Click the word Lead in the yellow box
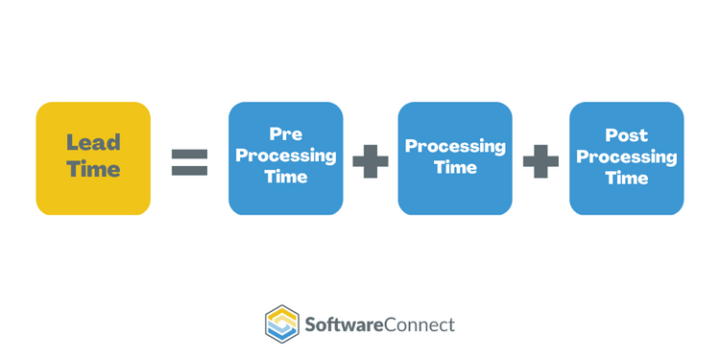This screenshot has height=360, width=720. (x=93, y=143)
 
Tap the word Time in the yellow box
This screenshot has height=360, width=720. (x=93, y=170)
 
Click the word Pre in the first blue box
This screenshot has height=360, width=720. (x=285, y=136)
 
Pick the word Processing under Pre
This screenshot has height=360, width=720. (x=285, y=156)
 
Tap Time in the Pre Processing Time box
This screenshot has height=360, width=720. (x=285, y=176)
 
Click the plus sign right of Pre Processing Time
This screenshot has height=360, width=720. (x=371, y=160)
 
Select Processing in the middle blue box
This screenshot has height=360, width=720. (x=455, y=147)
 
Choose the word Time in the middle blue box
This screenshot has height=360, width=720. (x=455, y=167)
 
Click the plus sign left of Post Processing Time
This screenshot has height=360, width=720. (x=540, y=160)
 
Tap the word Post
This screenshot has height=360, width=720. (x=626, y=136)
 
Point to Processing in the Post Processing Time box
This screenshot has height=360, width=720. (x=626, y=156)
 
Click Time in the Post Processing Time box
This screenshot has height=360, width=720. (x=626, y=178)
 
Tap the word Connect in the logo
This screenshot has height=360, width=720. (x=420, y=324)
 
